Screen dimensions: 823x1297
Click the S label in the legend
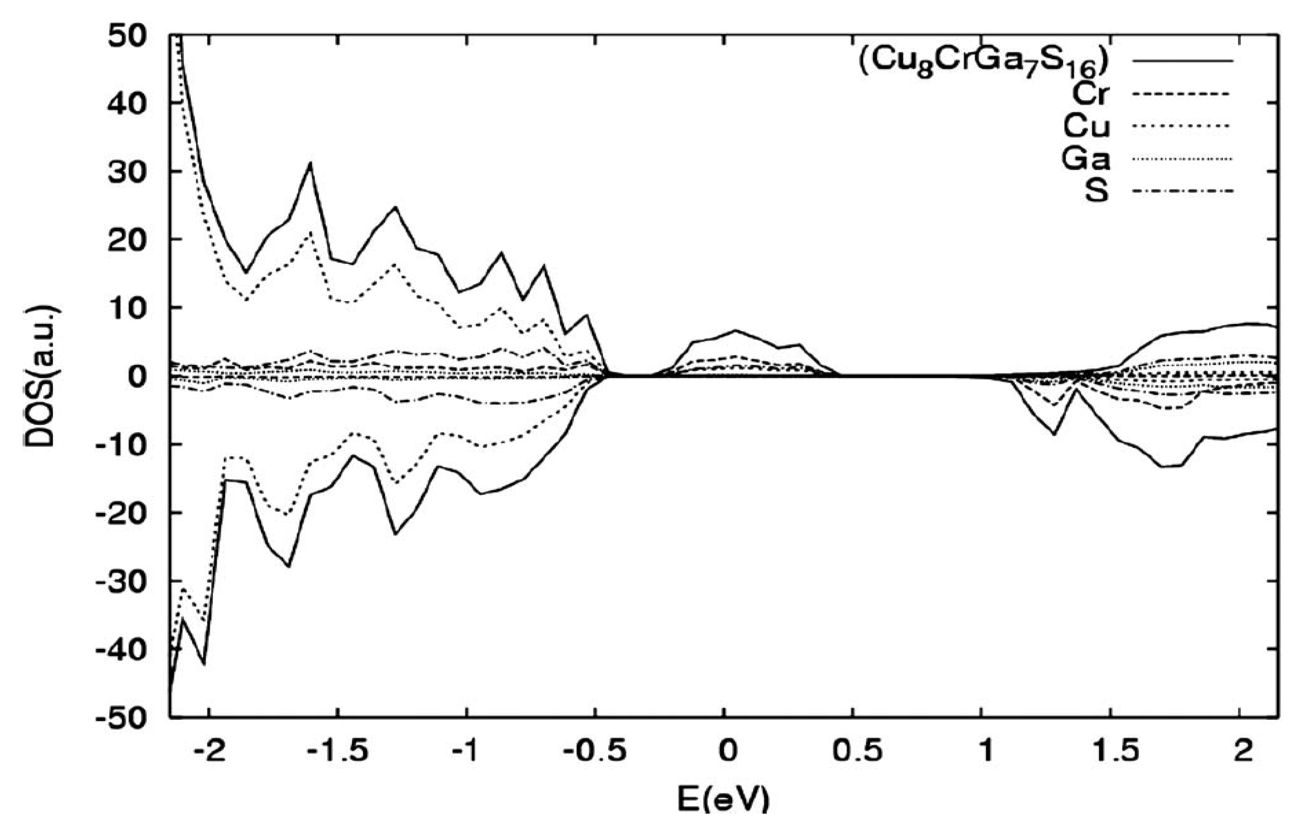point(1096,191)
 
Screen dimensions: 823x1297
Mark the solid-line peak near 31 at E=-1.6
point(310,163)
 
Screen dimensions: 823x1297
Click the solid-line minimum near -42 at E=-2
point(204,664)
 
